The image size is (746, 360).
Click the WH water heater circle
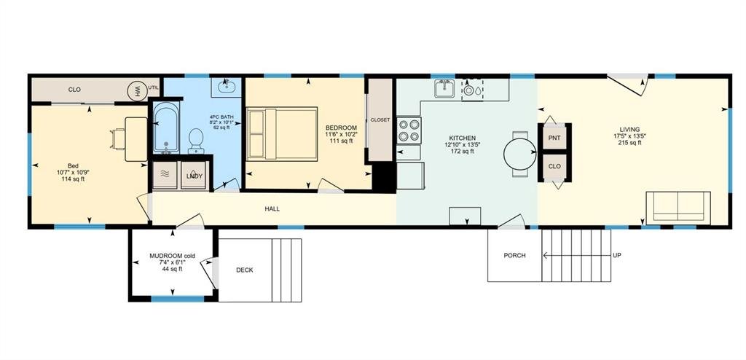[x=136, y=90]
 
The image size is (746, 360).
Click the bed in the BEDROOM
[x=282, y=133]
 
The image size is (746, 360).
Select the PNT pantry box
[x=554, y=136]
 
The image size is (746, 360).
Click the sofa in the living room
[x=678, y=206]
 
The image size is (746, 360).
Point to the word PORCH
[x=514, y=256]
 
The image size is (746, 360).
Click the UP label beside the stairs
[x=617, y=256]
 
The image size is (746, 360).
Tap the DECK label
[x=245, y=270]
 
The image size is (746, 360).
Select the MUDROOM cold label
[x=172, y=256]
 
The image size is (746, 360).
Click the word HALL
[x=272, y=209]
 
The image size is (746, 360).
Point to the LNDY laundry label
[x=195, y=176]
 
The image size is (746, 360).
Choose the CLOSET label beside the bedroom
[x=380, y=120]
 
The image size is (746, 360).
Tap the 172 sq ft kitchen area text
[x=463, y=152]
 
